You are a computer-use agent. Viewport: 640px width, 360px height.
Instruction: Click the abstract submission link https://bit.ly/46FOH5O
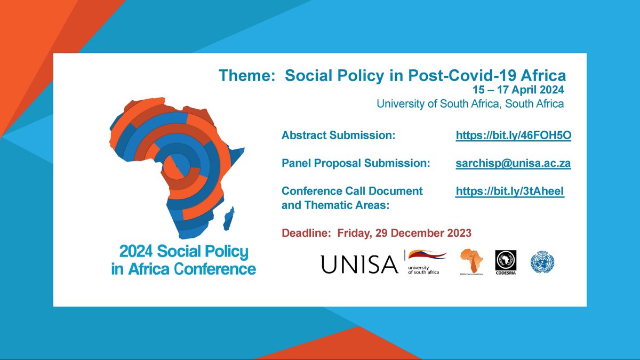coord(513,136)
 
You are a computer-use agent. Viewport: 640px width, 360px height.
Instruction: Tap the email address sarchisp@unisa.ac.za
coord(513,164)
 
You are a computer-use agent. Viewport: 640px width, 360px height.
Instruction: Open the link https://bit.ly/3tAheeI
coord(509,191)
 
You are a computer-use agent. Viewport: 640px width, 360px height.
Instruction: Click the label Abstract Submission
coord(338,136)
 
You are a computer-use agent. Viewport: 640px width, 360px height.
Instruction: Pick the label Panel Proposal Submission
coord(356,164)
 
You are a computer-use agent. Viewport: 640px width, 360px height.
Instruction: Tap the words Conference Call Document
coord(352,191)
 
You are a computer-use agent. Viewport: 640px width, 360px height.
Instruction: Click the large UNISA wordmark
coord(359,264)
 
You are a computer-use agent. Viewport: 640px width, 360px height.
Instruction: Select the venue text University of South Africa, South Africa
coord(470,104)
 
